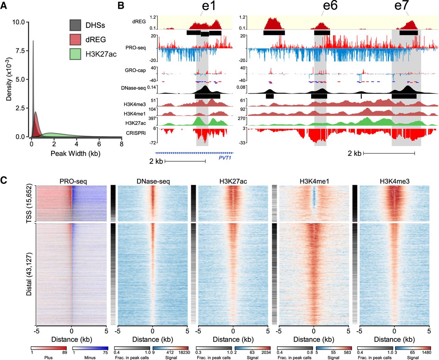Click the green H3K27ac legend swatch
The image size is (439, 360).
pos(75,54)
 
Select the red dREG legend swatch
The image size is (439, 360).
pos(75,39)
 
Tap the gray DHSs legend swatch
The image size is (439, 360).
pos(75,25)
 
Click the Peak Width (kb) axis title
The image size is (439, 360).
pos(75,153)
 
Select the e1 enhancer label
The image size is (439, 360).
pos(209,6)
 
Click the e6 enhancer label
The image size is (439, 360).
pos(330,6)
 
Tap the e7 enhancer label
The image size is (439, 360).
pos(402,6)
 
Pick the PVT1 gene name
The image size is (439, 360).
pos(225,158)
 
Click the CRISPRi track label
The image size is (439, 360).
pos(136,133)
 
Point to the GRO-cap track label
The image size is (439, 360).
pos(135,70)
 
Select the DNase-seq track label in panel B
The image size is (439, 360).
pos(134,88)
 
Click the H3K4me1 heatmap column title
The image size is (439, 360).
pos(314,181)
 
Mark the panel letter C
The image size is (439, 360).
pos(4,180)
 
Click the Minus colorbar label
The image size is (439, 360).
pos(90,358)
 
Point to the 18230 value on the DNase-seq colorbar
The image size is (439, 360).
pos(183,352)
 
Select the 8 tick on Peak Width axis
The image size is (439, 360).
pos(121,144)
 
